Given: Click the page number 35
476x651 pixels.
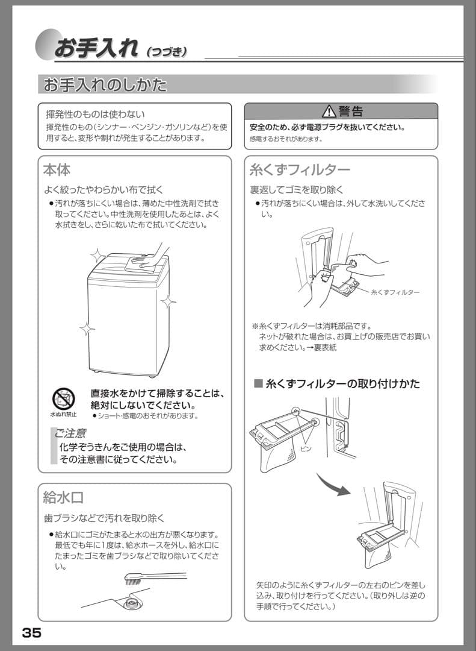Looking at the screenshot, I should [x=31, y=633].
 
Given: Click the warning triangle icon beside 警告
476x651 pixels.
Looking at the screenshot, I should [x=329, y=112].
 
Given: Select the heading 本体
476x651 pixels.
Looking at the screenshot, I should [x=57, y=169].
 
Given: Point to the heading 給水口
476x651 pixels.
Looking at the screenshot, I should [x=63, y=497].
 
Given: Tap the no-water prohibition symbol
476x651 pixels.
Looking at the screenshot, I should [x=63, y=398].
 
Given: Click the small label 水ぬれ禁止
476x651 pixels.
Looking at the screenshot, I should [x=63, y=415].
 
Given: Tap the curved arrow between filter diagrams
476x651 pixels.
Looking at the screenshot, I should [x=333, y=483].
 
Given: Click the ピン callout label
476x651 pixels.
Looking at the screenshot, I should [x=306, y=449].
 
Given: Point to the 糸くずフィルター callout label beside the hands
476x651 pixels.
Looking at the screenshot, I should [x=395, y=292].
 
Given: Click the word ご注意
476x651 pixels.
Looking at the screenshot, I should [x=69, y=433].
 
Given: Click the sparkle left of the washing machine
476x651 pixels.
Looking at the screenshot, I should [x=87, y=329].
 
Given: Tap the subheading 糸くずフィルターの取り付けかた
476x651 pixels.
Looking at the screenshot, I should [x=342, y=383].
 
